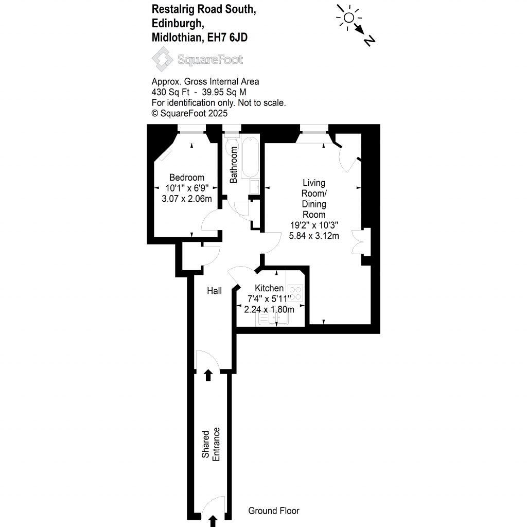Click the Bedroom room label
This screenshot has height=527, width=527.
click(x=186, y=178)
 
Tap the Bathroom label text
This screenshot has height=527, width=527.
click(x=234, y=165)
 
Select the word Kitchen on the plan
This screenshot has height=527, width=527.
click(x=269, y=288)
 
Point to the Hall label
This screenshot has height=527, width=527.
click(x=214, y=291)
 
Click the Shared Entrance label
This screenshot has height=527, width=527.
click(x=211, y=444)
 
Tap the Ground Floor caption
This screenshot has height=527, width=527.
click(x=273, y=511)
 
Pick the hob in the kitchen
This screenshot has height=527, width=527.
click(x=295, y=293)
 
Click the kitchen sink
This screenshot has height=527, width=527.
click(x=273, y=319)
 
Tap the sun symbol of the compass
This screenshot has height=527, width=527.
click(x=348, y=18)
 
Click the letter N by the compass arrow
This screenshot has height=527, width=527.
click(x=368, y=41)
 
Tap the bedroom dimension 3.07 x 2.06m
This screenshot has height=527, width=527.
click(x=186, y=199)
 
